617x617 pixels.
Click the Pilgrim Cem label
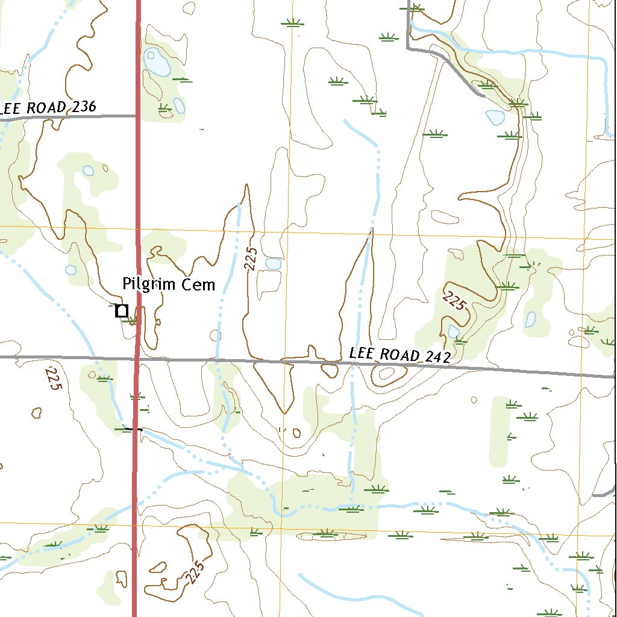click(x=168, y=284)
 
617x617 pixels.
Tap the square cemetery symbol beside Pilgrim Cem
click(x=122, y=311)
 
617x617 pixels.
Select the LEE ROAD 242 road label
click(x=400, y=355)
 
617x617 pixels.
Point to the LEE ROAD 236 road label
click(x=48, y=108)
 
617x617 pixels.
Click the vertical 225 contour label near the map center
click(x=252, y=258)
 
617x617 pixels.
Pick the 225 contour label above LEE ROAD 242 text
click(x=454, y=300)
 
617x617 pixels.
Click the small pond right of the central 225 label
click(x=274, y=263)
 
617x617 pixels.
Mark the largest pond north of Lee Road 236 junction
click(x=157, y=63)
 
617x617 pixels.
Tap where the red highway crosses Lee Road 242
click(x=137, y=359)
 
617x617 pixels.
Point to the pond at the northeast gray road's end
click(x=495, y=117)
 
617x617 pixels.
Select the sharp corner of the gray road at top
click(x=409, y=48)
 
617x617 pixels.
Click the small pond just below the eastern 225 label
click(x=454, y=331)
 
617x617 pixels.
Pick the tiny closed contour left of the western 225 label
click(x=36, y=413)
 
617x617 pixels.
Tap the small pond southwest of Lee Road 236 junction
click(x=89, y=171)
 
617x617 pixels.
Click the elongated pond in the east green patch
click(x=531, y=319)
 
